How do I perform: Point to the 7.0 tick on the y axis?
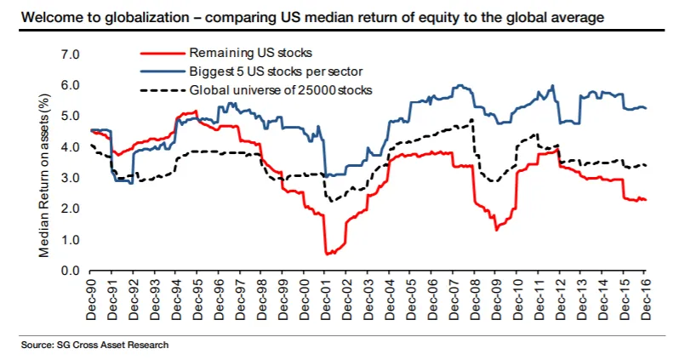70,55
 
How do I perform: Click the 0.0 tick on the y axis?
70,271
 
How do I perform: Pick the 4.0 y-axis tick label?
70,147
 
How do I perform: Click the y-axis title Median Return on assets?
43,162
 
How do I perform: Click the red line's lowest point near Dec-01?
328,254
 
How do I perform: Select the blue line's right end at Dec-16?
647,108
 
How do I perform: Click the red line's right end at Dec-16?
647,200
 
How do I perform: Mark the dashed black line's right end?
647,165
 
